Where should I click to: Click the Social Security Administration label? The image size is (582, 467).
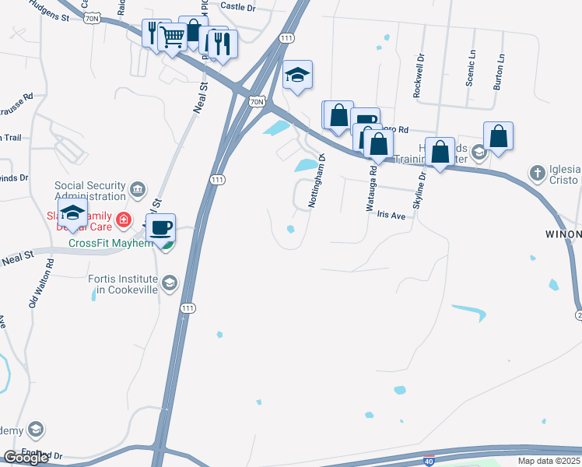point(90,191)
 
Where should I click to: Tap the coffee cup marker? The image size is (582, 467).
point(161,228)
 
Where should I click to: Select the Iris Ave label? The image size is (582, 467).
point(392,216)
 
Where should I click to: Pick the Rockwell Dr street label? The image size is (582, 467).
point(420,75)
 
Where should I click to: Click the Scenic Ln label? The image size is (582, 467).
point(471,68)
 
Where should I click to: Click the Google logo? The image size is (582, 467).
point(26,457)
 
